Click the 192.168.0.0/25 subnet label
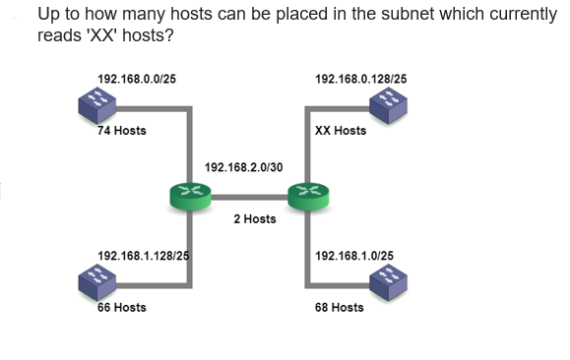pos(137,78)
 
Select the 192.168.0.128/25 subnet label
pos(360,78)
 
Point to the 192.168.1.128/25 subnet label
pos(143,256)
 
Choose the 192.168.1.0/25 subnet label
pos(353,256)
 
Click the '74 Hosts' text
pos(121,131)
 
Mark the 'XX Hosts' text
pos(340,131)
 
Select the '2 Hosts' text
pos(254,218)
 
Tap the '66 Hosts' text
pos(121,307)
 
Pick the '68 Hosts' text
pos(339,307)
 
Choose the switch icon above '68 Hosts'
pos(389,282)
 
